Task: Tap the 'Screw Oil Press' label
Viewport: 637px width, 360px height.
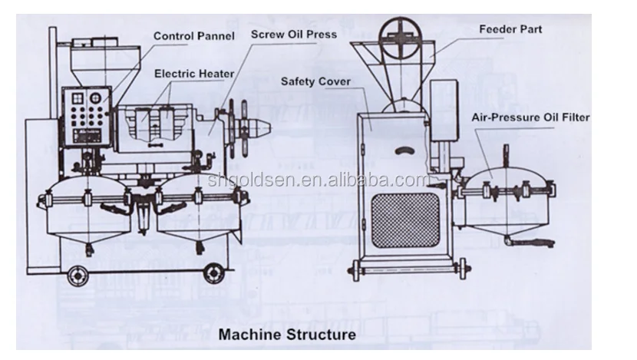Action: pos(294,35)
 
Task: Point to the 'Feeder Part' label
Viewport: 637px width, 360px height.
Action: pos(510,30)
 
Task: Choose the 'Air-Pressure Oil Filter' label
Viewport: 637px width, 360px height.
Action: pos(530,117)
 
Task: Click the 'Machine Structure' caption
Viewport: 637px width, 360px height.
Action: pos(287,335)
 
